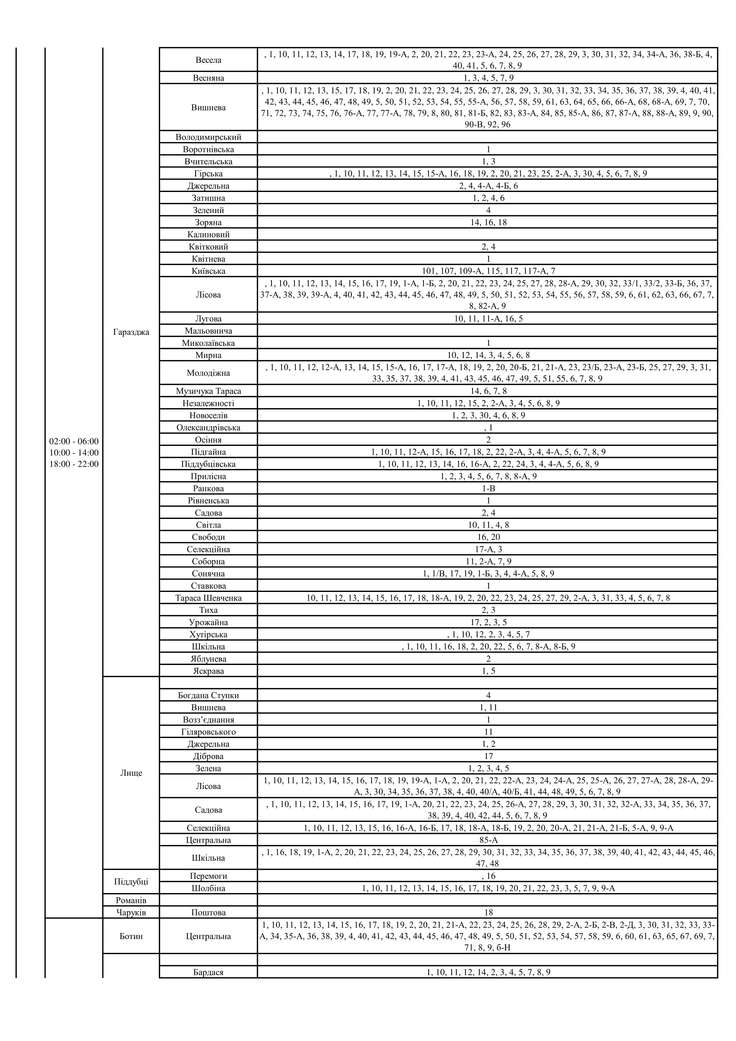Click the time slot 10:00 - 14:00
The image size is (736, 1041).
point(74,453)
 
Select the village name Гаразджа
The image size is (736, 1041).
point(131,332)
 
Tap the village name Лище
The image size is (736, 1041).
point(131,773)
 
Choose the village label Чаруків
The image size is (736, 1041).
point(131,912)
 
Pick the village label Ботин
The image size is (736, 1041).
point(131,936)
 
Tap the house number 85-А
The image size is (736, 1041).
point(488,840)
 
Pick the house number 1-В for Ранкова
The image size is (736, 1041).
point(488,488)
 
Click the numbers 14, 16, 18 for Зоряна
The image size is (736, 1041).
point(488,222)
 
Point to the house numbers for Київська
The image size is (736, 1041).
point(488,271)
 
